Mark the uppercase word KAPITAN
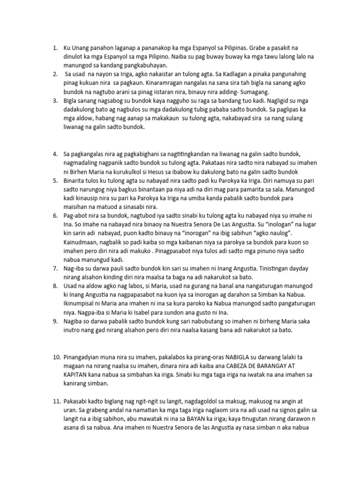pos(77,375)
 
